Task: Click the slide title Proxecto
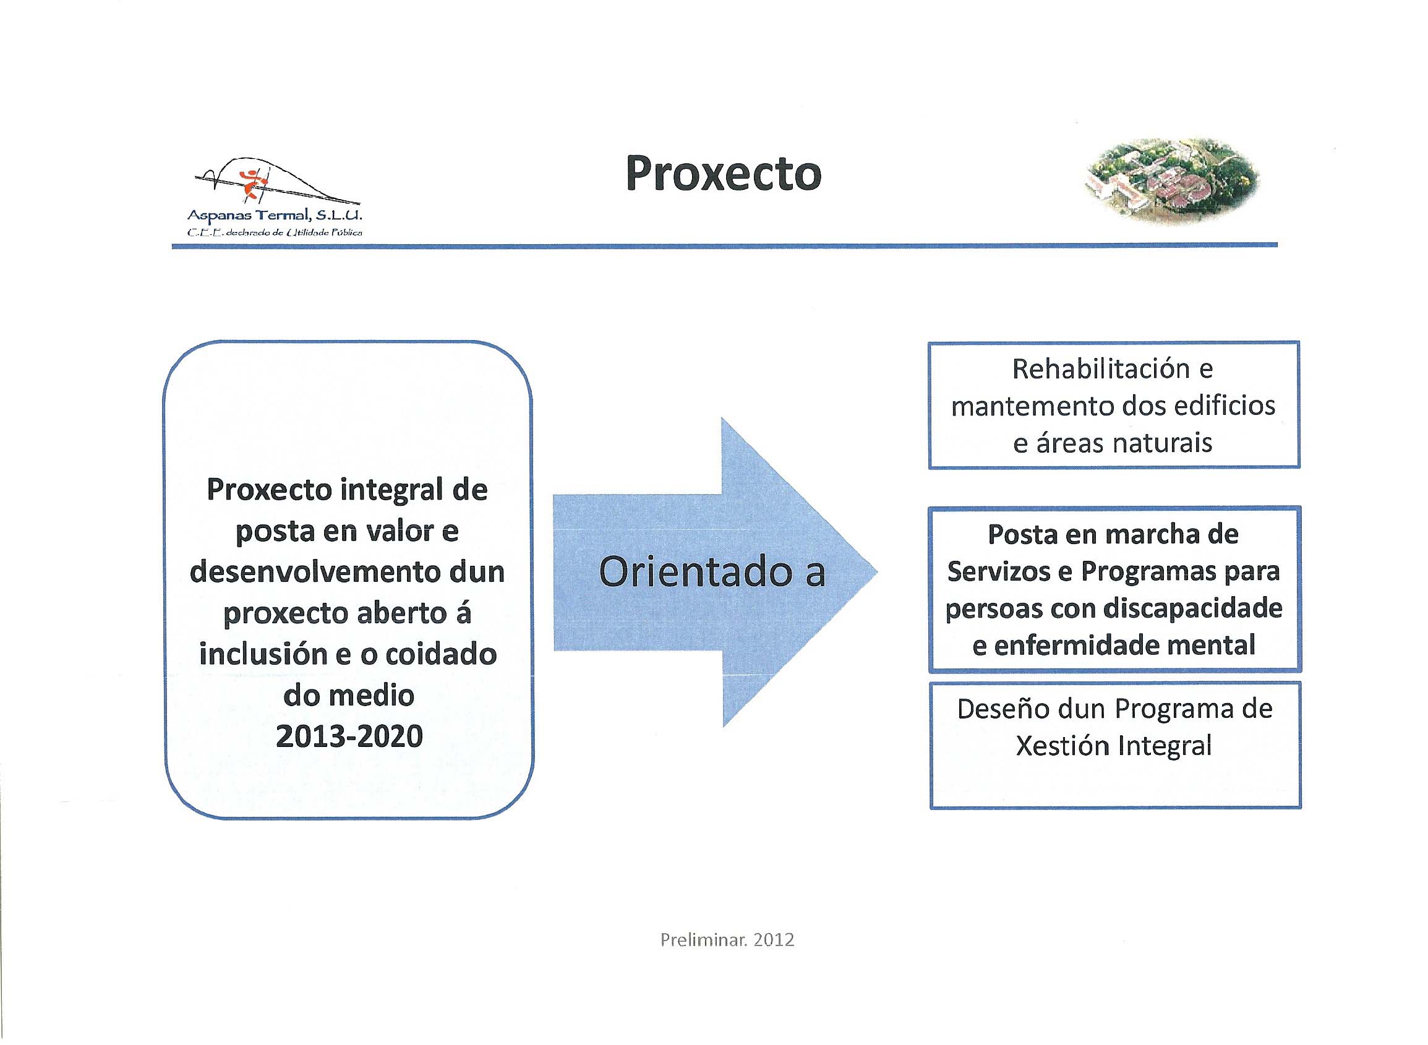[723, 173]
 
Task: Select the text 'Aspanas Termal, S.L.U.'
[275, 216]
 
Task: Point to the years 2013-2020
[349, 736]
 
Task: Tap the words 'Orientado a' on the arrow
[712, 572]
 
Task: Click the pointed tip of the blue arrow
[877, 572]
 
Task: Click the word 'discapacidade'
[1193, 608]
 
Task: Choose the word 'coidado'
[441, 654]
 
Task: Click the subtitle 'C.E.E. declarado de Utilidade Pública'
[275, 232]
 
